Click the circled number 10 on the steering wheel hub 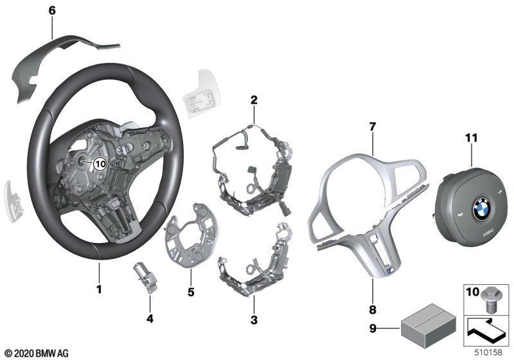click(x=100, y=163)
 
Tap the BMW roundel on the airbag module click(x=481, y=208)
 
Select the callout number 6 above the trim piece click(x=52, y=11)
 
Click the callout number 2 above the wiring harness click(x=254, y=100)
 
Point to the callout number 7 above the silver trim click(x=372, y=126)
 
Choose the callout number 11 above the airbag click(x=471, y=138)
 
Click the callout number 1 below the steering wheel click(x=98, y=289)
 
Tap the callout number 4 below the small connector click(x=150, y=318)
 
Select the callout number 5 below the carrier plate click(x=191, y=291)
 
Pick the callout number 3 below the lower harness click(x=254, y=319)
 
